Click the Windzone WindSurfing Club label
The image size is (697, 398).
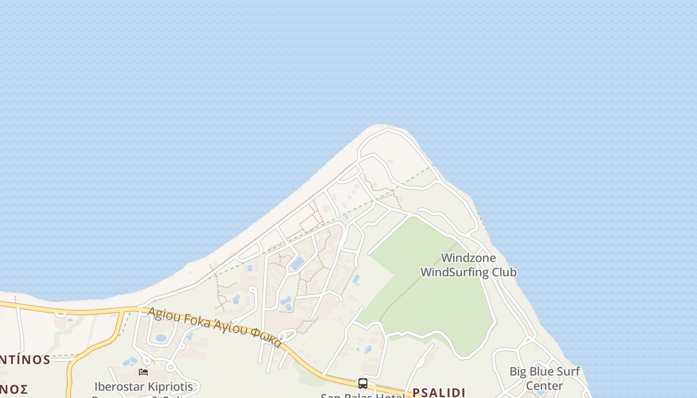coord(468,265)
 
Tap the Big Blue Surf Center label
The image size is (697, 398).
coord(544,379)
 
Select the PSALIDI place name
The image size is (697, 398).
coord(439,393)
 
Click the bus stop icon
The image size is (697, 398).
coord(363,384)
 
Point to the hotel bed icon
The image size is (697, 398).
coord(143,372)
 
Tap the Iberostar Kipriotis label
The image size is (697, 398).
coord(143,387)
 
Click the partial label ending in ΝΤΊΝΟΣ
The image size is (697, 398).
coord(25,360)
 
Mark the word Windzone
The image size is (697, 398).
coord(468,258)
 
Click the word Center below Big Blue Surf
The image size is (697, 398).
coord(544,386)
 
